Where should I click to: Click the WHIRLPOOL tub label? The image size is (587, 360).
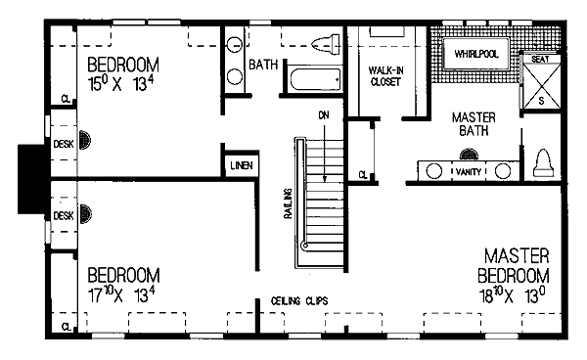point(476,54)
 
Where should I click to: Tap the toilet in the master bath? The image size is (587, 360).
point(543,163)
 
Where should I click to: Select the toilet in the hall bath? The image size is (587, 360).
point(326,43)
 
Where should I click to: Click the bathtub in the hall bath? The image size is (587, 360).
point(316,79)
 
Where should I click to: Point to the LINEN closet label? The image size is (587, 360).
point(242,165)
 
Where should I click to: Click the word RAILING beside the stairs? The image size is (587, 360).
point(288,203)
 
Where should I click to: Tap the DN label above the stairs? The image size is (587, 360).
point(324,115)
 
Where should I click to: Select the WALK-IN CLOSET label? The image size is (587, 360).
point(386,76)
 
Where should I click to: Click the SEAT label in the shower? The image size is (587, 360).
point(540,59)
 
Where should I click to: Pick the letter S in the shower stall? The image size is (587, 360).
point(541,101)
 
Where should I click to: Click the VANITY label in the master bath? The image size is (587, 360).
point(469,172)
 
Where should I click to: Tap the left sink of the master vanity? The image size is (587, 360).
point(433,171)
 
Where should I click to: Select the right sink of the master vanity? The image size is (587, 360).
point(503,171)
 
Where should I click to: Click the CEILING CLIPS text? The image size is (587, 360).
point(299,301)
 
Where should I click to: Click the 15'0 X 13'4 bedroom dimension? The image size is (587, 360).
point(121,84)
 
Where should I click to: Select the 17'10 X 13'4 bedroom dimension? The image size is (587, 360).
point(121,294)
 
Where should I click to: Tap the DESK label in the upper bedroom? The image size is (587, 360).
point(64,144)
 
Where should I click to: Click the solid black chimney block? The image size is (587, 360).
point(31,179)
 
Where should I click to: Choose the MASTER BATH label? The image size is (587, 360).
point(474,124)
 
